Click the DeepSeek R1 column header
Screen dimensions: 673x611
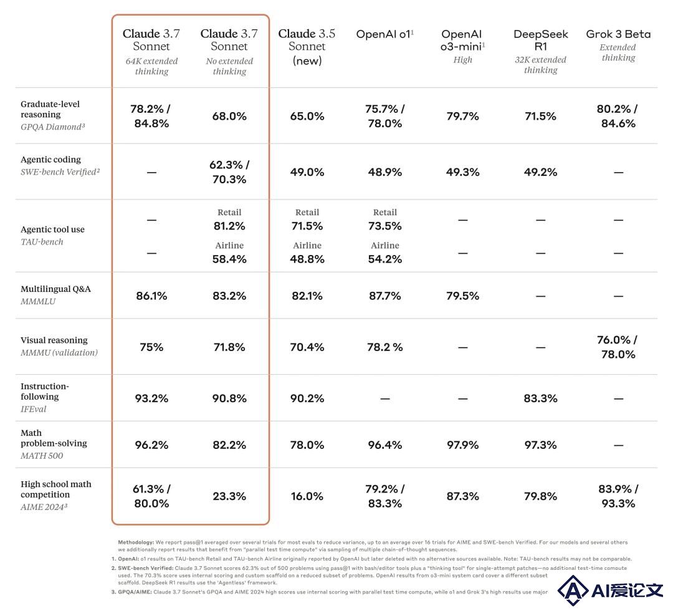tap(540, 40)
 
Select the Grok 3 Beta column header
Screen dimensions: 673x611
tap(618, 34)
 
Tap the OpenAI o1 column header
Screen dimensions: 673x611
tap(384, 34)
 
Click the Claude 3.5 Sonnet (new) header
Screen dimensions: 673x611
tap(307, 46)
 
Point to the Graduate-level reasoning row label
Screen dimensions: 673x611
tap(50, 109)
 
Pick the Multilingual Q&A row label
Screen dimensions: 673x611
tap(56, 289)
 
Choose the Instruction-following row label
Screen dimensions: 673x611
tap(45, 391)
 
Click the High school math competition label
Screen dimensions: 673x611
tap(56, 489)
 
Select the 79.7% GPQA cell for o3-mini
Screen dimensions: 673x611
tap(462, 116)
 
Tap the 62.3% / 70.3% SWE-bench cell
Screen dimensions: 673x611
tap(229, 171)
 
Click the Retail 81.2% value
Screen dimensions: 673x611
tap(229, 226)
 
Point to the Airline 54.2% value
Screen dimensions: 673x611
tap(384, 259)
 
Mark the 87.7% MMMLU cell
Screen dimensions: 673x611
tap(384, 296)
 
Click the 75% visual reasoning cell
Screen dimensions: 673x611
tap(151, 347)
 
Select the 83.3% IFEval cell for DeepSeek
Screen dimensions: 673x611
tap(540, 398)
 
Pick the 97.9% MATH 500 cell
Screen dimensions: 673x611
tap(462, 445)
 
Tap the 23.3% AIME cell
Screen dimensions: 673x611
tap(229, 496)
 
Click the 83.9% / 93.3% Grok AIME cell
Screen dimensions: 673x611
tap(618, 496)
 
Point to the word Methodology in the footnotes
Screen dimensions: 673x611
tap(136, 542)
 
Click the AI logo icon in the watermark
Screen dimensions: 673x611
tap(573, 590)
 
